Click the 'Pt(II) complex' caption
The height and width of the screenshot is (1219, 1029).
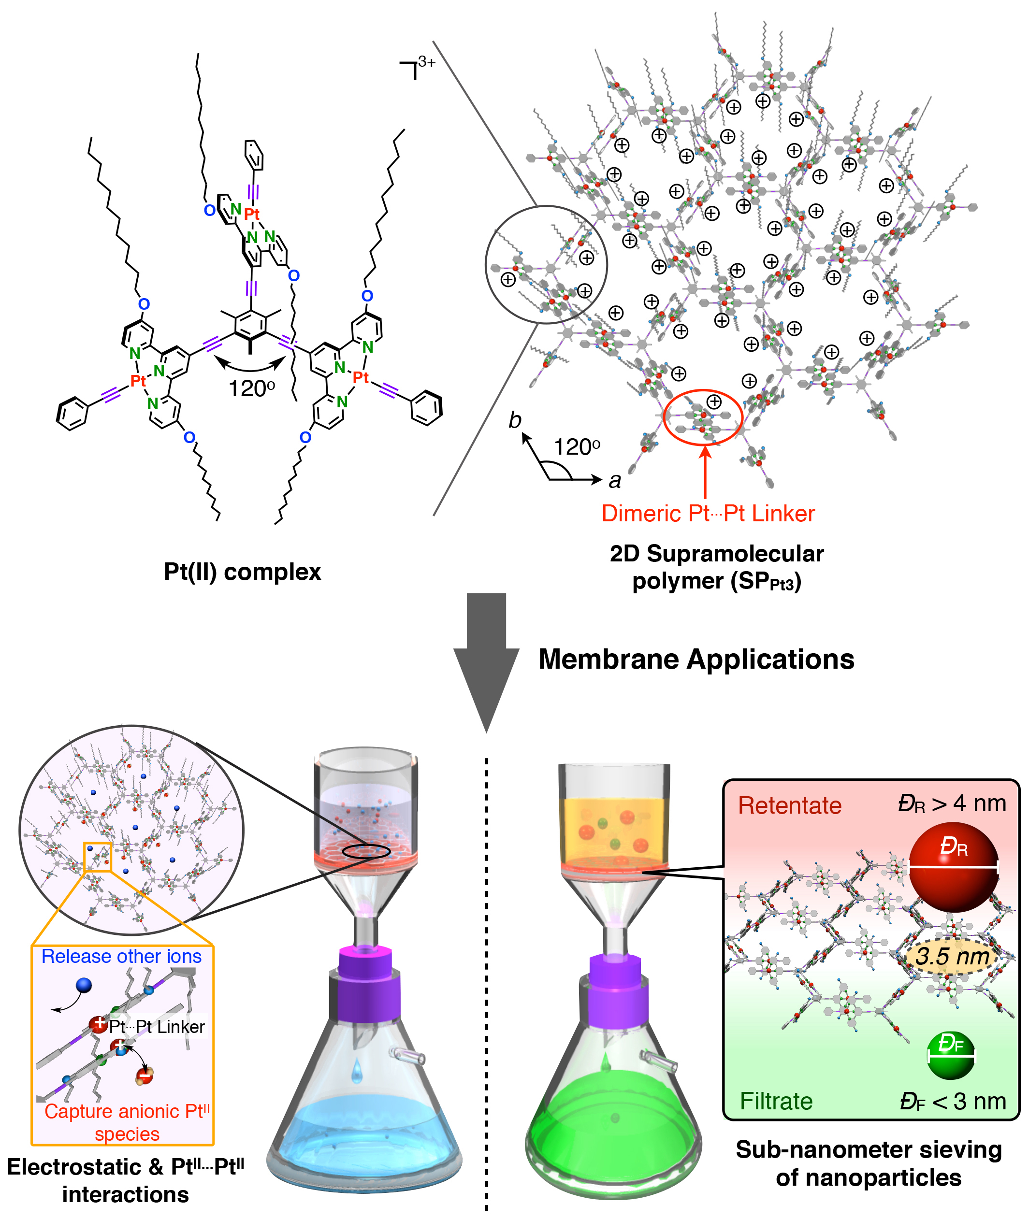pyautogui.click(x=242, y=572)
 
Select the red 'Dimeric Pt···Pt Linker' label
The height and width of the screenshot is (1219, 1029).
pyautogui.click(x=708, y=514)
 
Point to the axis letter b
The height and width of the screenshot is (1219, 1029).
pyautogui.click(x=514, y=420)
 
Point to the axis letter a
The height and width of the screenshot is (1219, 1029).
pyautogui.click(x=614, y=481)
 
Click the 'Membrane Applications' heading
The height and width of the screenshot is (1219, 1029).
pyautogui.click(x=696, y=660)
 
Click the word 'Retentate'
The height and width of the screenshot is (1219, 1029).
pyautogui.click(x=789, y=806)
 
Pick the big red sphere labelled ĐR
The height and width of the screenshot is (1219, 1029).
pyautogui.click(x=953, y=867)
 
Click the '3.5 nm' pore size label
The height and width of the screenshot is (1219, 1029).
pyautogui.click(x=952, y=956)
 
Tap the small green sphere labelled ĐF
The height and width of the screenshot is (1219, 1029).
pyautogui.click(x=950, y=1056)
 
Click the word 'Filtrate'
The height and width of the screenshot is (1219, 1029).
pyautogui.click(x=776, y=1101)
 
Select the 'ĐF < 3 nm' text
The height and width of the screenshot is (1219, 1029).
pyautogui.click(x=953, y=1101)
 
